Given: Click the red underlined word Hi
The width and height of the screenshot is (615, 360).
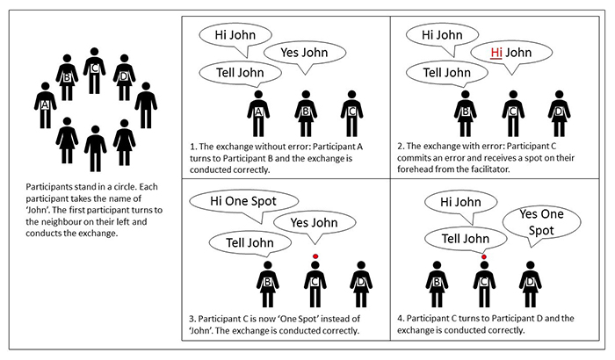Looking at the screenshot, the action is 496,53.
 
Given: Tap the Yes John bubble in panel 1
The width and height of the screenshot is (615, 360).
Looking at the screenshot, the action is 305,53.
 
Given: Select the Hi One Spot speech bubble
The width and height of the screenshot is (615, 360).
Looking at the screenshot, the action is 243,202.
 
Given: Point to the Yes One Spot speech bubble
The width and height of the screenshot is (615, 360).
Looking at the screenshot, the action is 541,222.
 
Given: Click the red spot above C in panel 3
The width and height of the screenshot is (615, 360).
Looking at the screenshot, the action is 315,256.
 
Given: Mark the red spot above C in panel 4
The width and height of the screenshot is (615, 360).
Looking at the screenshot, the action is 484,257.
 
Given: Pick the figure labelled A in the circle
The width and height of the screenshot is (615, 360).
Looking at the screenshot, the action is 45,105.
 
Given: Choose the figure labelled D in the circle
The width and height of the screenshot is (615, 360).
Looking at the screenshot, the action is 125,77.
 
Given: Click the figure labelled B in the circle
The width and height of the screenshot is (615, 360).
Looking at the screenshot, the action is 67,77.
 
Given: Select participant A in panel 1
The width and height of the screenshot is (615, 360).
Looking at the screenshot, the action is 258,114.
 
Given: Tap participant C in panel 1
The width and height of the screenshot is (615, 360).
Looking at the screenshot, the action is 351,114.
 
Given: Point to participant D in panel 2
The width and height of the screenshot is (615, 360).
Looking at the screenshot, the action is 560,114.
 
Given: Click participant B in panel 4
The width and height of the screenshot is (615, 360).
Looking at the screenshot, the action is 437,284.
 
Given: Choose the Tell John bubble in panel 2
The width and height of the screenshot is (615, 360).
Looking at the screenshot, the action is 447,74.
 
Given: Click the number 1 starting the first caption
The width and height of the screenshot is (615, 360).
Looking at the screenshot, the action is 192,147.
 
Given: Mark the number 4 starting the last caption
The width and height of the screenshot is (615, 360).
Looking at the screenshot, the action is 400,319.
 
